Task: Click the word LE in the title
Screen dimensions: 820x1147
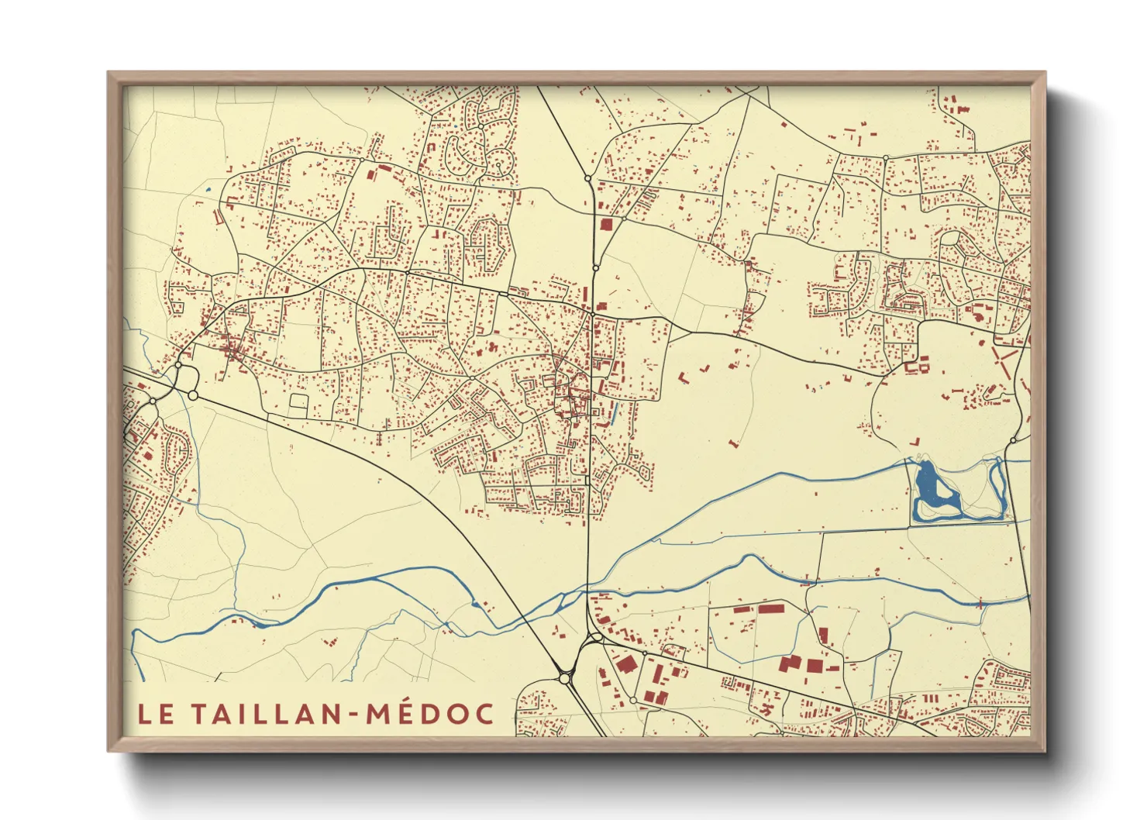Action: (x=156, y=714)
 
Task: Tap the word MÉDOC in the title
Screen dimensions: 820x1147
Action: (x=429, y=714)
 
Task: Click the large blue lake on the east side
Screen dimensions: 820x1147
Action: (x=928, y=484)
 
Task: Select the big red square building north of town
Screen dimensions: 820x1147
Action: (x=606, y=224)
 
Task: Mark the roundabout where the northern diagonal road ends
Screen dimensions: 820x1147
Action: (x=588, y=179)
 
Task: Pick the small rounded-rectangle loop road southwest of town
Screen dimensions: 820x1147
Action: (x=298, y=402)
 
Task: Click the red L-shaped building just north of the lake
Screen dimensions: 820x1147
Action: (x=915, y=443)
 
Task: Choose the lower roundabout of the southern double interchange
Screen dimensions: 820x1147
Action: (x=564, y=678)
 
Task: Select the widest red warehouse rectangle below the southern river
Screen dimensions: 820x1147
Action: (x=771, y=609)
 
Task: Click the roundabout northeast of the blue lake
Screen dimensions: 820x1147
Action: (x=1012, y=440)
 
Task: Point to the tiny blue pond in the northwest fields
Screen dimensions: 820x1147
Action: (x=208, y=191)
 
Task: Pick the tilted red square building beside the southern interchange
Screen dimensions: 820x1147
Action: (x=625, y=664)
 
